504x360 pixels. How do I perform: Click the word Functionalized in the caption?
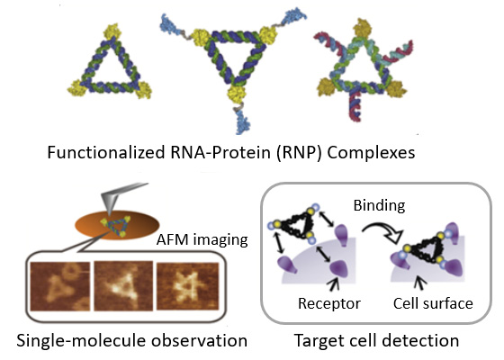click(106, 152)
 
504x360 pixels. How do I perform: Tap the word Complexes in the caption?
click(371, 153)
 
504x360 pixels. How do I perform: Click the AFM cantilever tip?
click(110, 213)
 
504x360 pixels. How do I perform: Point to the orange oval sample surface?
click(117, 225)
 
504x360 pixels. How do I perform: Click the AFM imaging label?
click(202, 239)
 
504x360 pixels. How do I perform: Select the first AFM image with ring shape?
click(59, 286)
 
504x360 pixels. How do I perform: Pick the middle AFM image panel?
click(123, 286)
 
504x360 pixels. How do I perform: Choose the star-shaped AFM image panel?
click(188, 287)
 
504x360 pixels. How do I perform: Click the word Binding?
click(379, 205)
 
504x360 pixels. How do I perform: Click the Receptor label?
click(329, 303)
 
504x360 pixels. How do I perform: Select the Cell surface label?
click(433, 303)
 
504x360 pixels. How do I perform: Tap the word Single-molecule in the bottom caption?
click(82, 341)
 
